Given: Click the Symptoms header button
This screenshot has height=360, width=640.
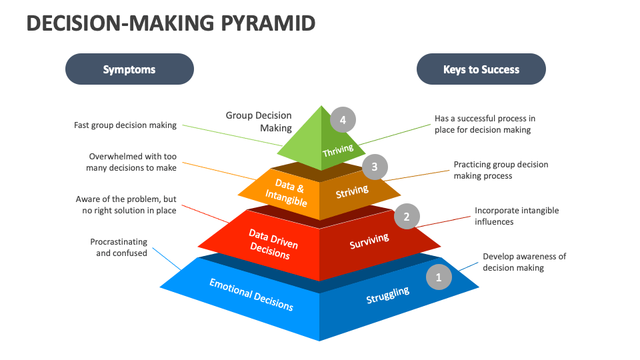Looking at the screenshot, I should click(129, 69).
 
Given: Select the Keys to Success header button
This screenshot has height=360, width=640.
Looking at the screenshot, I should click(481, 69).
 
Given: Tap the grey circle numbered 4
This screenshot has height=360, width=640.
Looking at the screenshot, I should click(343, 121).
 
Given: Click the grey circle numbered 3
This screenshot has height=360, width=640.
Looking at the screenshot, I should click(375, 167).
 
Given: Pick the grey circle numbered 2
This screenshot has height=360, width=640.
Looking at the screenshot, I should click(407, 215).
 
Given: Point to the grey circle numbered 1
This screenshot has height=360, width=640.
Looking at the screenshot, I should click(438, 277).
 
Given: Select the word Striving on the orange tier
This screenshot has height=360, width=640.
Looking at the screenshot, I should click(352, 192).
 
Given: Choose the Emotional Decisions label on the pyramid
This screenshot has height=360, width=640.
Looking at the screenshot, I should click(251, 294).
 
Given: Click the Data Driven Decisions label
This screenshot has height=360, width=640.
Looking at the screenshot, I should click(273, 244).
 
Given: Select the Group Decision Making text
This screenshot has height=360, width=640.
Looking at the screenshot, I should click(259, 121).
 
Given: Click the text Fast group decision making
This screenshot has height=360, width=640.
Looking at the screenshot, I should click(126, 125).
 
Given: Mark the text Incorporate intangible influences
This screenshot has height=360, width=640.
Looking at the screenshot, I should click(517, 215).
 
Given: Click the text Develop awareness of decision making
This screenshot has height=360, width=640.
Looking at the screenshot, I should click(524, 262).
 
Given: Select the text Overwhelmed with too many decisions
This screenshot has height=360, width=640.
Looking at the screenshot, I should click(132, 162).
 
